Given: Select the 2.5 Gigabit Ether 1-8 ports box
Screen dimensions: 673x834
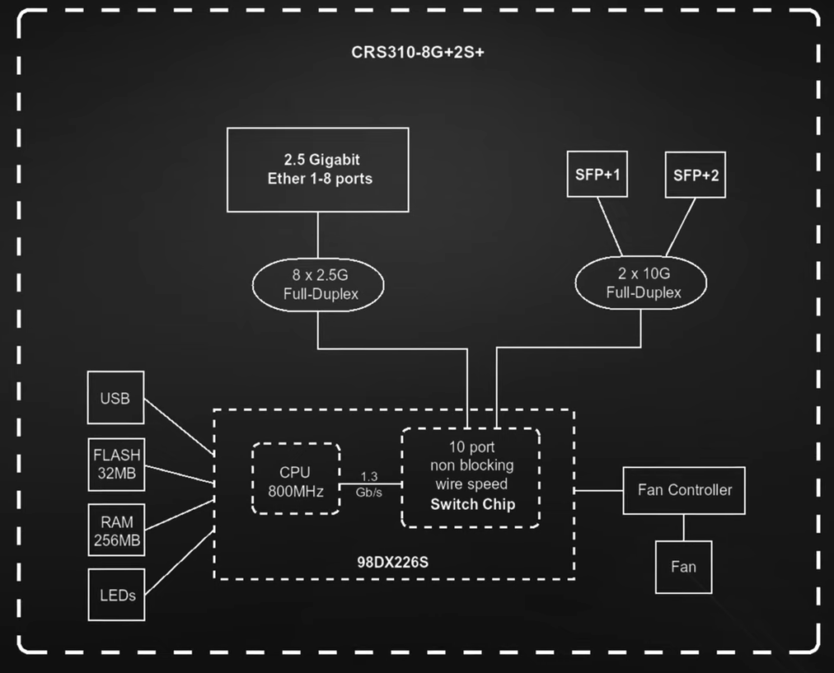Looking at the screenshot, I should (318, 170).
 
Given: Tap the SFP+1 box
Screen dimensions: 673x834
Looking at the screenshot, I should (597, 175).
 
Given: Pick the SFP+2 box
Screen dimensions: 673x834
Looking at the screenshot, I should (695, 175).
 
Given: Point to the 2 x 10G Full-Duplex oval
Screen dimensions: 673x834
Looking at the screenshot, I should (643, 283).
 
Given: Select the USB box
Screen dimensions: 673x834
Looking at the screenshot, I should (115, 399).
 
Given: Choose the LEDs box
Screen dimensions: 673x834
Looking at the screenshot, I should (116, 594).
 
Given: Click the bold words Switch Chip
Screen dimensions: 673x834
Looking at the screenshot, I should (472, 504).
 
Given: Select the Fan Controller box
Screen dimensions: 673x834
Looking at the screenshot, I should (684, 490).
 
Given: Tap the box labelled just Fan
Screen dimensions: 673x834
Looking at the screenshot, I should (683, 567).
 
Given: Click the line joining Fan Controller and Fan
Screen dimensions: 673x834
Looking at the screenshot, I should (683, 527).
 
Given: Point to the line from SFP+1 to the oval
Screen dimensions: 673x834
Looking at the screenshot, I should (610, 227).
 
